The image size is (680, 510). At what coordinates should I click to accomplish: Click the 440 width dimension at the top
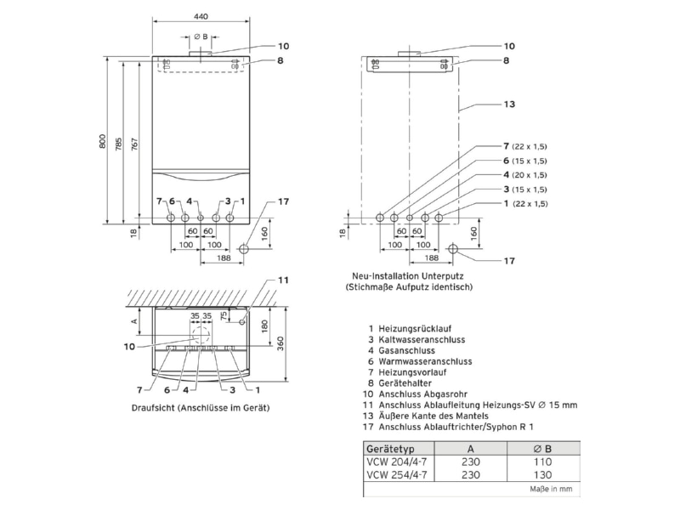tap(201, 17)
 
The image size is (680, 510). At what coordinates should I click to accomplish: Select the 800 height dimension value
tap(102, 141)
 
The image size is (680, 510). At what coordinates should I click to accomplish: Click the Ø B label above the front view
tap(201, 37)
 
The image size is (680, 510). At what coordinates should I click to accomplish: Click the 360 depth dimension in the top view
tap(280, 344)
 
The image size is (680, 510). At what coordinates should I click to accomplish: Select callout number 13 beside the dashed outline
tap(509, 104)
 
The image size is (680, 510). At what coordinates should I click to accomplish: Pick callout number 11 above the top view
tap(283, 280)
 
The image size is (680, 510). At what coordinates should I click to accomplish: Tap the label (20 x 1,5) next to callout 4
tap(530, 175)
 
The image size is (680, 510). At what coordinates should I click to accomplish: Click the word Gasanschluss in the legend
tap(406, 350)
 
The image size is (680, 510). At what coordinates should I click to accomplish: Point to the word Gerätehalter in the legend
tap(405, 383)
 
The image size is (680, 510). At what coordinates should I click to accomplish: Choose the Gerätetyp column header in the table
tap(390, 449)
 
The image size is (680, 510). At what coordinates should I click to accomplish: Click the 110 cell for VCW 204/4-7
tap(543, 462)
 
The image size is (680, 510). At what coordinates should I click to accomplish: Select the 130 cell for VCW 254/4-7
tap(543, 475)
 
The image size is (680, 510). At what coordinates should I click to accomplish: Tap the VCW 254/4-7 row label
tap(397, 475)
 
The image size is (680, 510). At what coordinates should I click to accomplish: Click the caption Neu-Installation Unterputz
tap(408, 276)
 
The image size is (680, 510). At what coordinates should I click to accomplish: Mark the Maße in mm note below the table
tap(551, 490)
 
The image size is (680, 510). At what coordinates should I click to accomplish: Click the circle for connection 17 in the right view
tap(453, 249)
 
